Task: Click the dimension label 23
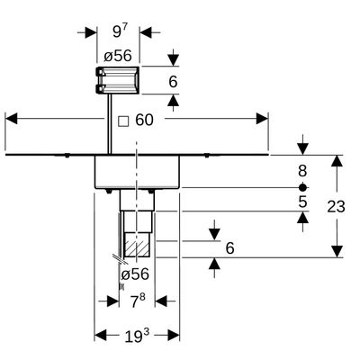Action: pyautogui.click(x=336, y=207)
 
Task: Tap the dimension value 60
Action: pyautogui.click(x=144, y=121)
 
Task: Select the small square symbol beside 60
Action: pyautogui.click(x=123, y=121)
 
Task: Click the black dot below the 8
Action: pyautogui.click(x=303, y=187)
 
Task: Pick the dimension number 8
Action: pyautogui.click(x=302, y=171)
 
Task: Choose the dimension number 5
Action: pyautogui.click(x=302, y=202)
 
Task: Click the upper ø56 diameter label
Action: pyautogui.click(x=118, y=56)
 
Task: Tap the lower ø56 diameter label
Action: pyautogui.click(x=135, y=274)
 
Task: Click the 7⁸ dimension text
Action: pyautogui.click(x=138, y=301)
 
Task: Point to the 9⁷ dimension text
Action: pyautogui.click(x=121, y=31)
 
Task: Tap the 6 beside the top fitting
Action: pyautogui.click(x=173, y=82)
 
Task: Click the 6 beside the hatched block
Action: pyautogui.click(x=229, y=248)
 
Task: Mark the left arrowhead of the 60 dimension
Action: pyautogui.click(x=12, y=119)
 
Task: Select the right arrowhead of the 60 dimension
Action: pyautogui.click(x=262, y=119)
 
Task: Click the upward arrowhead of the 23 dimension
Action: pyautogui.click(x=337, y=161)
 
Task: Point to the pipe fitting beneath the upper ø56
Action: pyautogui.click(x=118, y=80)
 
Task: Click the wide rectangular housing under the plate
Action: pyautogui.click(x=137, y=172)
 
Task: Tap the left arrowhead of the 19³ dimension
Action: pyautogui.click(x=101, y=335)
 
